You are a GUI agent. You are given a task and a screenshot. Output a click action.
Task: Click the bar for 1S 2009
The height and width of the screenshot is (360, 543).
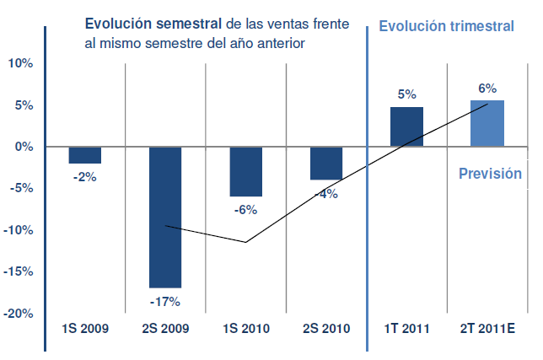tap(84, 155)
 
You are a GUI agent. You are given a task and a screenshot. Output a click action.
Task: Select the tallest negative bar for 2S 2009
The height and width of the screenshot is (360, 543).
tap(165, 217)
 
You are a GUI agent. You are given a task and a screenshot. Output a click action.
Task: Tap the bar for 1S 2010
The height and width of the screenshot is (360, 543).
tap(246, 171)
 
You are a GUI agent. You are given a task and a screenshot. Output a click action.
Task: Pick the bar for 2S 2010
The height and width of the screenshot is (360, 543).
tap(326, 163)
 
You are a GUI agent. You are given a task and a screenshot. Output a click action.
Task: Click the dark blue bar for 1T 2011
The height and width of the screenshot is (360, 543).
tap(406, 127)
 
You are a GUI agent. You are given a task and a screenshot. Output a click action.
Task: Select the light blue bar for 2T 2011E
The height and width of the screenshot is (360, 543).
tap(487, 124)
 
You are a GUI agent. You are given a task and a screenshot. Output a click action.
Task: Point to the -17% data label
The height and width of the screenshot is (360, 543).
tap(165, 301)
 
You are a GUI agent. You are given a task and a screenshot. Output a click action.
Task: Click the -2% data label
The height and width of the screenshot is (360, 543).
tap(85, 177)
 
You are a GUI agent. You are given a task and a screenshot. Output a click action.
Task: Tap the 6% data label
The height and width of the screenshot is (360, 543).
tap(487, 88)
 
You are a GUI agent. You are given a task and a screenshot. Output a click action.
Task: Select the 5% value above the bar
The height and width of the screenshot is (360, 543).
tap(406, 95)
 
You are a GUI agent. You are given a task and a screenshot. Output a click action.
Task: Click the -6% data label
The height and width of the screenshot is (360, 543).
tap(246, 210)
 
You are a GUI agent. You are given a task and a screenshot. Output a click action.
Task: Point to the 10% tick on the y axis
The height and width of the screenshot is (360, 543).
tap(19, 63)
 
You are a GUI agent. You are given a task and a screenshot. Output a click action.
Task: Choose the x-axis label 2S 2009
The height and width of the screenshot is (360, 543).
tap(165, 329)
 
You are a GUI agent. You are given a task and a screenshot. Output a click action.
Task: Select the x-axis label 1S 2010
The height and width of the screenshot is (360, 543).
tap(246, 329)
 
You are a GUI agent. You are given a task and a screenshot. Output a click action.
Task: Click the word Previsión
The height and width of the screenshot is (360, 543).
tap(490, 174)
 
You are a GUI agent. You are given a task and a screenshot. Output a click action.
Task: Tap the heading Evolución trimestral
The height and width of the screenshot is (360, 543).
tap(446, 26)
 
